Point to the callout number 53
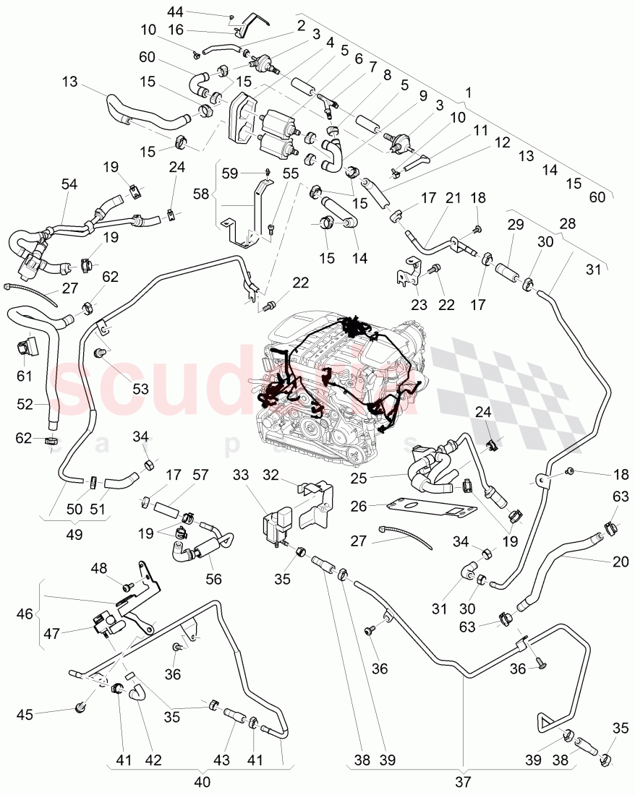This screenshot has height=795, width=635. tap(140, 388)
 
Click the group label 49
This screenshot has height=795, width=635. tap(74, 536)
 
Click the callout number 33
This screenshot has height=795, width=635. tap(242, 476)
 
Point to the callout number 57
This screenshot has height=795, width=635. tap(200, 475)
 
